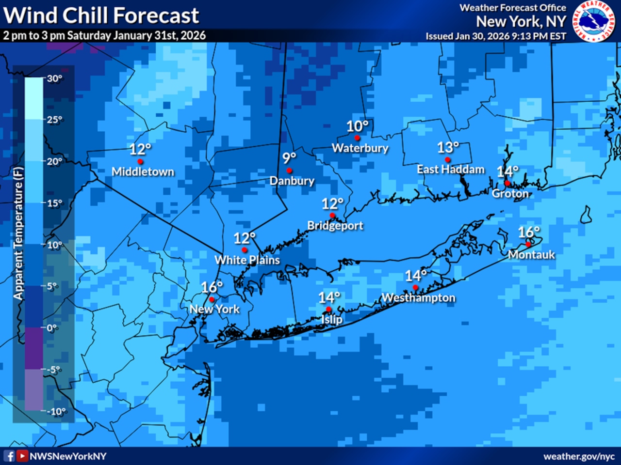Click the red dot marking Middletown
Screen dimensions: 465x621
click(140, 161)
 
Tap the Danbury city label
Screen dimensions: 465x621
click(292, 181)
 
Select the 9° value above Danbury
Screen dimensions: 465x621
click(289, 158)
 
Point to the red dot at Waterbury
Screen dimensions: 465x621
click(358, 138)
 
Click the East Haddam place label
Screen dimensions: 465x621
click(451, 170)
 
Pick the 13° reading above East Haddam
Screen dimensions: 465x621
click(448, 147)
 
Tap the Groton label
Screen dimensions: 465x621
click(510, 194)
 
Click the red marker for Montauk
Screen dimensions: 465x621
click(528, 244)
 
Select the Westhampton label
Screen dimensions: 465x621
click(418, 298)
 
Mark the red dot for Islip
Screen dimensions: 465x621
click(328, 309)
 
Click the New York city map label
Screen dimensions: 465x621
click(214, 309)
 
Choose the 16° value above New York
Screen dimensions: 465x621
click(212, 287)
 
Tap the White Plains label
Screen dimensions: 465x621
click(247, 260)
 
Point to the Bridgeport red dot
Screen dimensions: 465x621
click(332, 216)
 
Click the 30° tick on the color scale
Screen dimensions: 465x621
click(54, 78)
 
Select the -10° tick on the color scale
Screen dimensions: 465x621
click(56, 411)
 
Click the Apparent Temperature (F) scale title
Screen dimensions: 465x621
click(18, 233)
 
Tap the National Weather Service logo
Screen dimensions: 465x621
click(593, 21)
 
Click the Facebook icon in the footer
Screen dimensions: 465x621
click(9, 456)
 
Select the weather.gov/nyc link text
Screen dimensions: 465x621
click(579, 456)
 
